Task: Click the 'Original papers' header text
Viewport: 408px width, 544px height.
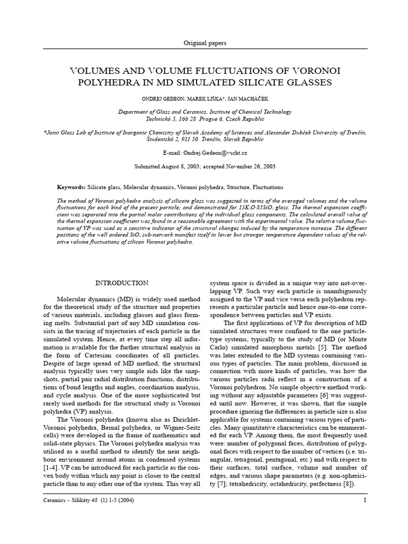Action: pyautogui.click(x=204, y=42)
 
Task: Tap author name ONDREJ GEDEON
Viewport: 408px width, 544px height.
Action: pyautogui.click(x=170, y=99)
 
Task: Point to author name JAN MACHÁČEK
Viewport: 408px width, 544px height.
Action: pyautogui.click(x=260, y=99)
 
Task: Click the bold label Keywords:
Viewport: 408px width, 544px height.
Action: pyautogui.click(x=71, y=188)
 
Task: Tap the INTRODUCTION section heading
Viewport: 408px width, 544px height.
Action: pyautogui.click(x=122, y=283)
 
